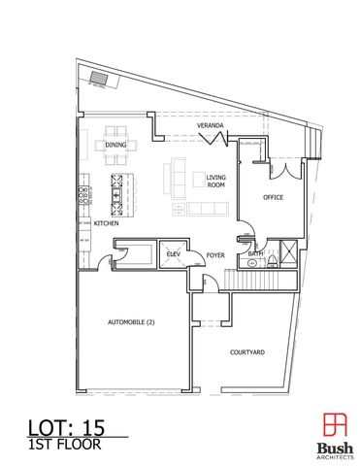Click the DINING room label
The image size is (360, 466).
point(115,146)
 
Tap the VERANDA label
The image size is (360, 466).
point(211,127)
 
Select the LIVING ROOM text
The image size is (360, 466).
point(216,180)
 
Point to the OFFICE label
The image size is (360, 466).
point(275,198)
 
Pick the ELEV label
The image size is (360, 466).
point(175,254)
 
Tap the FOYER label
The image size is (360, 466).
point(215,255)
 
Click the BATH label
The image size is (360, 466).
point(256,254)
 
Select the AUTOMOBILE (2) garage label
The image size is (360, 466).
point(131,322)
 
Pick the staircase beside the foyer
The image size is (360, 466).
point(259,279)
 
